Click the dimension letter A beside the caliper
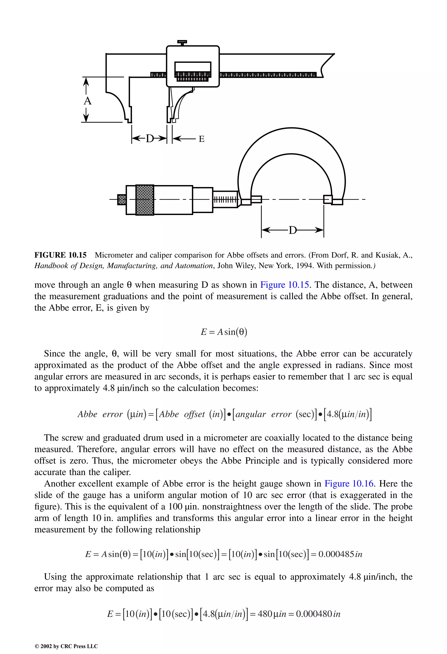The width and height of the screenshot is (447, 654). (x=88, y=101)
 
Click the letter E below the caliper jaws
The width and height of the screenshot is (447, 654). (x=202, y=139)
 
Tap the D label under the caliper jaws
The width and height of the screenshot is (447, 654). (x=150, y=139)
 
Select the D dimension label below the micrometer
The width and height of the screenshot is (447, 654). (x=293, y=230)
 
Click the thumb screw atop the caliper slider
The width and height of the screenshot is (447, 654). (x=182, y=42)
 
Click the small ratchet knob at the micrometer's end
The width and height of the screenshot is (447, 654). (x=121, y=199)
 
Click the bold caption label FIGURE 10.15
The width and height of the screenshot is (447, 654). (x=60, y=255)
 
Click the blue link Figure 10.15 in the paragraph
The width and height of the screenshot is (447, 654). (x=285, y=285)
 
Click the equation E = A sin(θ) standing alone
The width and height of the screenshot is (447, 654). (x=224, y=332)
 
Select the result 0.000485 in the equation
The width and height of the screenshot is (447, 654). (x=336, y=554)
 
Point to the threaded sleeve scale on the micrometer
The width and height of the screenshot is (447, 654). (x=225, y=200)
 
